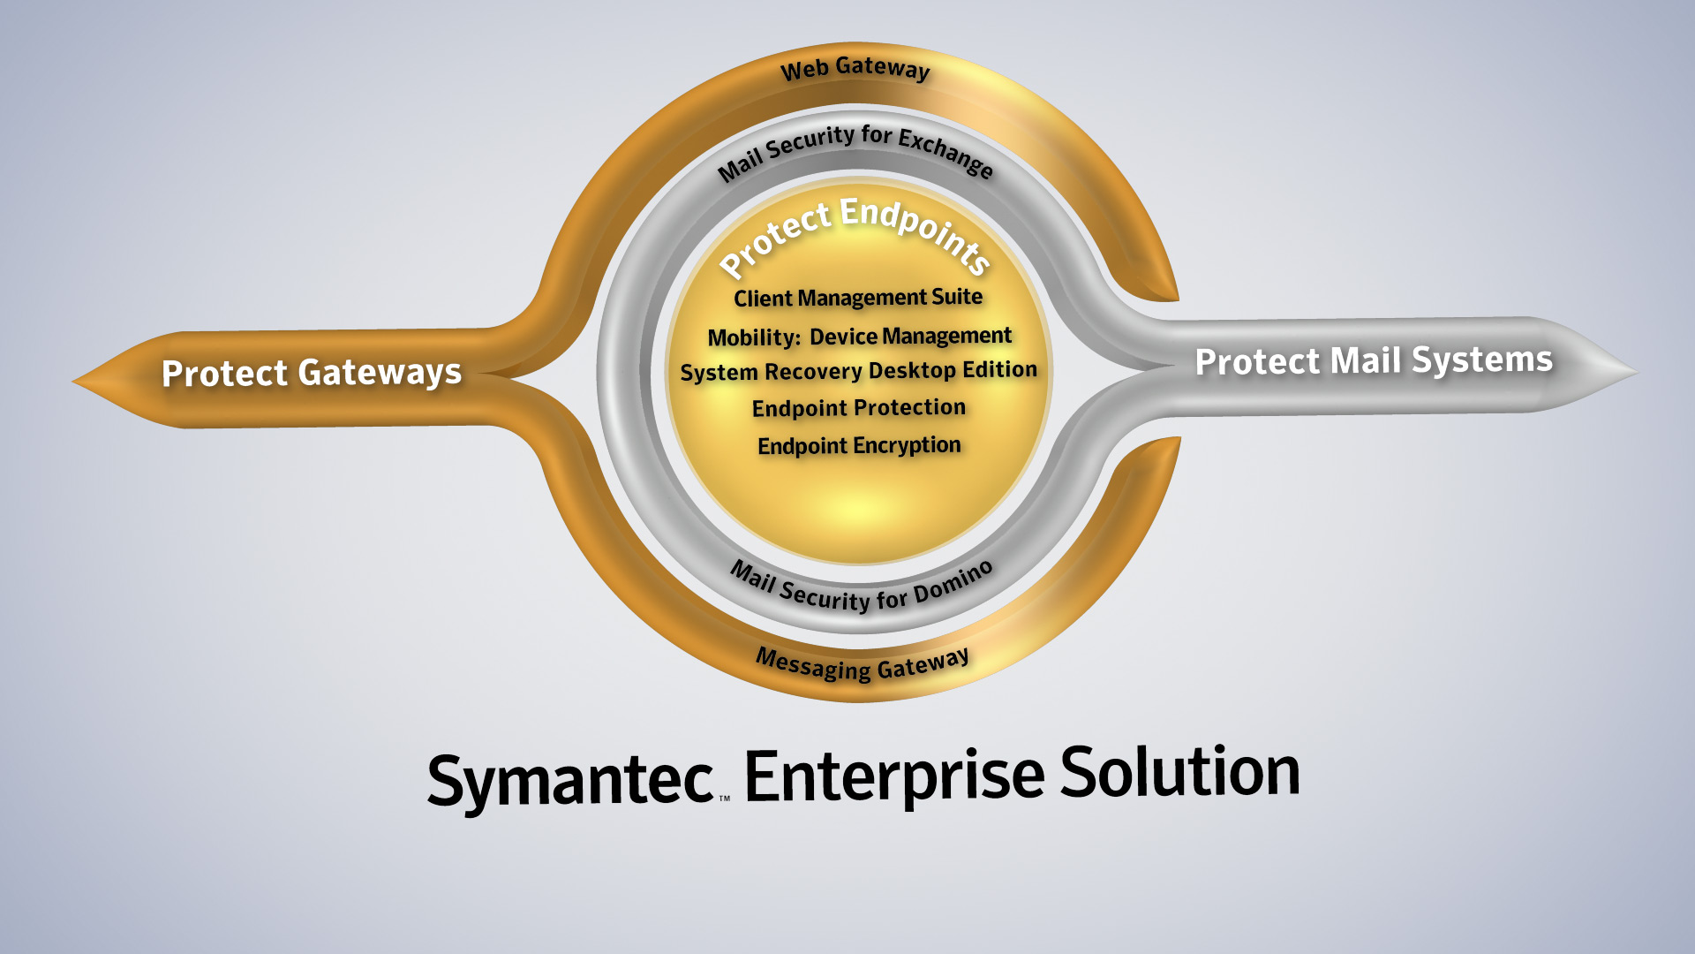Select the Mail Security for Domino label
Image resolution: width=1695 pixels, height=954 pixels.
click(862, 588)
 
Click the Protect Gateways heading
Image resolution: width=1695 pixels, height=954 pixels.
click(312, 373)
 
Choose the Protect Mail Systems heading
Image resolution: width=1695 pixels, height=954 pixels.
click(1374, 360)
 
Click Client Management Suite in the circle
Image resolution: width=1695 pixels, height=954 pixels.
click(858, 298)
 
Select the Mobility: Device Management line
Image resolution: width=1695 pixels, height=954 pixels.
click(859, 337)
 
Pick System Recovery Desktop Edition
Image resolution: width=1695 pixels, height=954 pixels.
click(858, 371)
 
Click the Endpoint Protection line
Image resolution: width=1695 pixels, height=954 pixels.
click(859, 408)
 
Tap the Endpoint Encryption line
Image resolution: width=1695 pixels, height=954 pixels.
click(859, 446)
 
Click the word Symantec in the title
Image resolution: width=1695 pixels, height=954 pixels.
click(570, 781)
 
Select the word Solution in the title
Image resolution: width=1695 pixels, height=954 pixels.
click(1180, 770)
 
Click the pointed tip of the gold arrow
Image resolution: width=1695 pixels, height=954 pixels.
click(72, 382)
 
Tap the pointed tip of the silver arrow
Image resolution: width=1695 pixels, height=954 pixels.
click(1638, 372)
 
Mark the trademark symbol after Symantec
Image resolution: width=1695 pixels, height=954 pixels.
click(724, 799)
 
